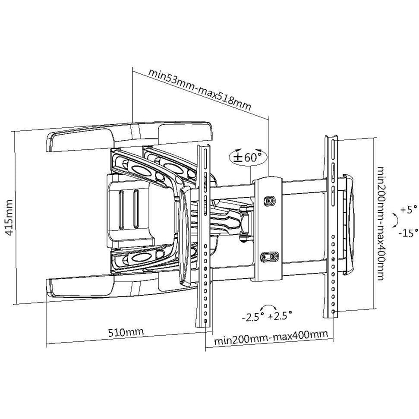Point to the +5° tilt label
(x=408, y=210)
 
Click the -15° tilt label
(x=408, y=233)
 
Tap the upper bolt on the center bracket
(x=268, y=201)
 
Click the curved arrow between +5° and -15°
(x=394, y=221)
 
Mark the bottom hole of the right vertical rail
(x=334, y=311)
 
